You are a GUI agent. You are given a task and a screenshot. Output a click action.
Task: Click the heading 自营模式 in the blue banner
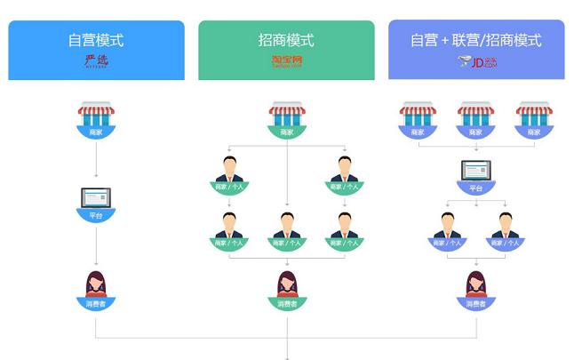point(96,40)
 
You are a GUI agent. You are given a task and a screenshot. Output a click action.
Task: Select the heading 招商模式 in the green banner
point(286,40)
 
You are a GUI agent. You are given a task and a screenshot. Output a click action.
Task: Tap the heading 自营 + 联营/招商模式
point(475,40)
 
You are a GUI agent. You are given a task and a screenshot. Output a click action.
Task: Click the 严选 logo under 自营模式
point(95,61)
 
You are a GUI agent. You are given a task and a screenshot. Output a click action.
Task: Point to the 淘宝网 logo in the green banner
point(286,61)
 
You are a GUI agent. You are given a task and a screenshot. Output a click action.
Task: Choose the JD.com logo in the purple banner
point(475,61)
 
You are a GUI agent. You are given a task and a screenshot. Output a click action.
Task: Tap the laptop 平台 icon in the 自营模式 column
point(96,199)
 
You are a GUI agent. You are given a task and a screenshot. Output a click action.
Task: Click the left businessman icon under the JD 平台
point(447,226)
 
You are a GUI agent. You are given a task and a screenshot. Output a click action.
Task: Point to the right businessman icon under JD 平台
point(504,226)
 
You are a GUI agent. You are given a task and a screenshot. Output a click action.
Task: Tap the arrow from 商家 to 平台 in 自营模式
point(96,160)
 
